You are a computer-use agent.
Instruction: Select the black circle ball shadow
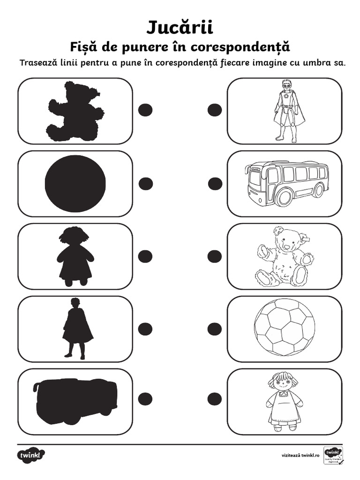[x=75, y=183]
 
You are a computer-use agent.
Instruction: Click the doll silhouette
[x=75, y=256]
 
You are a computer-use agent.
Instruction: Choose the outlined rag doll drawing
[x=284, y=401]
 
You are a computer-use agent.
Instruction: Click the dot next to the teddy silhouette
[x=146, y=110]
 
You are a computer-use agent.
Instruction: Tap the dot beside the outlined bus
[x=215, y=184]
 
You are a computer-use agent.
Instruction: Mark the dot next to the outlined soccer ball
[x=215, y=329]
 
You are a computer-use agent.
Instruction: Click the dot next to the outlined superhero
[x=215, y=110]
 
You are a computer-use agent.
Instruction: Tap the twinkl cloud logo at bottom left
[x=31, y=455]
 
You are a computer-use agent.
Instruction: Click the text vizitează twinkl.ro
[x=300, y=455]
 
